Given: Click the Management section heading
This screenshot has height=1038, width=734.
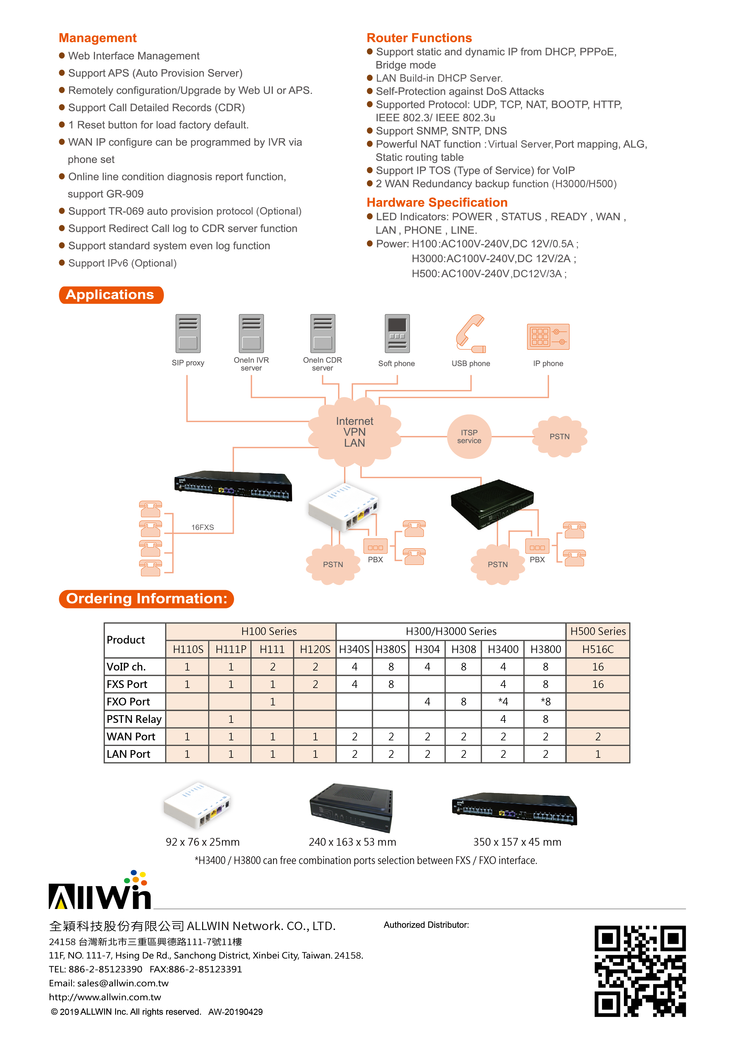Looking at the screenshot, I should coord(98,38).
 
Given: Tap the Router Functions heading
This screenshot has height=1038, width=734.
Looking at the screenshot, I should coord(419,38).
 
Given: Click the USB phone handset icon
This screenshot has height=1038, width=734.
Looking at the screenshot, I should coord(470,334).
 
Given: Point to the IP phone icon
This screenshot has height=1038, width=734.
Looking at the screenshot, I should coord(548,337).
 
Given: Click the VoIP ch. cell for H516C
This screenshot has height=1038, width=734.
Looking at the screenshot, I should coord(598,667).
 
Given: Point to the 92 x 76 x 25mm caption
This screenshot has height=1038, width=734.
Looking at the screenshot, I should coord(203,842).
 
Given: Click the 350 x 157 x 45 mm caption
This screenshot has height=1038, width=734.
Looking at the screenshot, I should coord(517,842).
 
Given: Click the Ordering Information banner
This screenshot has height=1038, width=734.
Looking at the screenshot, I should coord(146,599).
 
